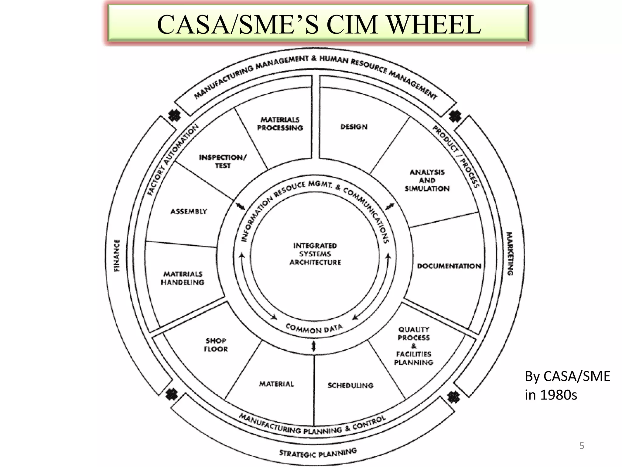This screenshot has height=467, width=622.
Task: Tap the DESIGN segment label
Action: click(354, 127)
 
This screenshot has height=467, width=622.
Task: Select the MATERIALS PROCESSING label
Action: click(280, 124)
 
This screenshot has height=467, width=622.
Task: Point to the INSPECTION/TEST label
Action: click(223, 161)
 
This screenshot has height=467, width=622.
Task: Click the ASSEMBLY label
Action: click(189, 212)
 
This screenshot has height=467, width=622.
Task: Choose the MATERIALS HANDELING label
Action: click(183, 278)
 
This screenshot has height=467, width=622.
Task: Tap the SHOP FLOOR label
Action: click(216, 345)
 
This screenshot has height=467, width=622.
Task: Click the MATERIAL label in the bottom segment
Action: click(276, 384)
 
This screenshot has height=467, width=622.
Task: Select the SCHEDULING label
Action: click(350, 386)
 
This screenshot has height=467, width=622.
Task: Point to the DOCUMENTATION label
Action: click(449, 266)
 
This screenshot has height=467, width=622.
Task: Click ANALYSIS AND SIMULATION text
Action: click(427, 180)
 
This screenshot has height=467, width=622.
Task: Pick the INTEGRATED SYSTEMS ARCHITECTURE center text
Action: click(315, 254)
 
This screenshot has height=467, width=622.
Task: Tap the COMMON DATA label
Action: click(314, 329)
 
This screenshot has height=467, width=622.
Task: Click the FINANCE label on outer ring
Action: click(117, 255)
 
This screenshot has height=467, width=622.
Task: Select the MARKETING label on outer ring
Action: click(510, 254)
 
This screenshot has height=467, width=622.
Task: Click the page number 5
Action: click(582, 446)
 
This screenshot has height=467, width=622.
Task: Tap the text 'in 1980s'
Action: click(551, 395)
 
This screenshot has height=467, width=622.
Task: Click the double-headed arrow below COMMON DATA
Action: click(314, 346)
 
